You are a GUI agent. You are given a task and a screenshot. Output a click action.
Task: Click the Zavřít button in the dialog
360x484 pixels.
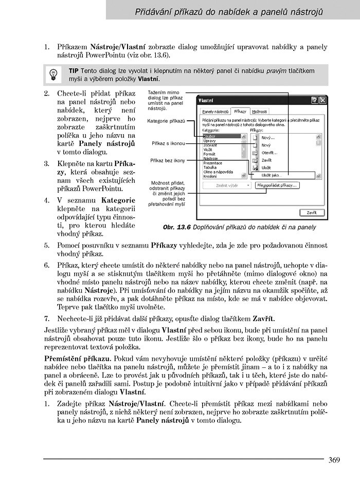pyautogui.click(x=312, y=212)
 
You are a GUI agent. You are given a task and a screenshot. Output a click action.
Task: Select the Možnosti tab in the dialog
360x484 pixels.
pyautogui.click(x=259, y=111)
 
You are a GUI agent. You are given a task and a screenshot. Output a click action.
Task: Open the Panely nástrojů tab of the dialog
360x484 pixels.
pyautogui.click(x=215, y=111)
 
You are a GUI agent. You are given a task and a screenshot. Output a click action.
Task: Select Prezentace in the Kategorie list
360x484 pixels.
pyautogui.click(x=214, y=163)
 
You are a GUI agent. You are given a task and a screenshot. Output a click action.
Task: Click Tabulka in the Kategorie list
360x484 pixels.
pyautogui.click(x=210, y=167)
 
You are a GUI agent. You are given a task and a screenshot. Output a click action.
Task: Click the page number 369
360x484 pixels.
pyautogui.click(x=334, y=460)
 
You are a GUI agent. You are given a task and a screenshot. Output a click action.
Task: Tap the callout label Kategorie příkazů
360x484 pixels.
pyautogui.click(x=166, y=121)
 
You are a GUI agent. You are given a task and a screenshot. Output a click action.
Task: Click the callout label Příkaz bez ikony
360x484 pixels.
pyautogui.click(x=167, y=160)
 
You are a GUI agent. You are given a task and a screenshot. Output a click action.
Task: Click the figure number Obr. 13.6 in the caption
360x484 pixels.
pyautogui.click(x=176, y=227)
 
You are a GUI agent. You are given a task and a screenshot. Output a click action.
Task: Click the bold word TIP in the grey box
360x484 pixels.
pyautogui.click(x=74, y=70)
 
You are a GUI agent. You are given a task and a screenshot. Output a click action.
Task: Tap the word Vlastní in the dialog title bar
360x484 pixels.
pyautogui.click(x=206, y=101)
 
